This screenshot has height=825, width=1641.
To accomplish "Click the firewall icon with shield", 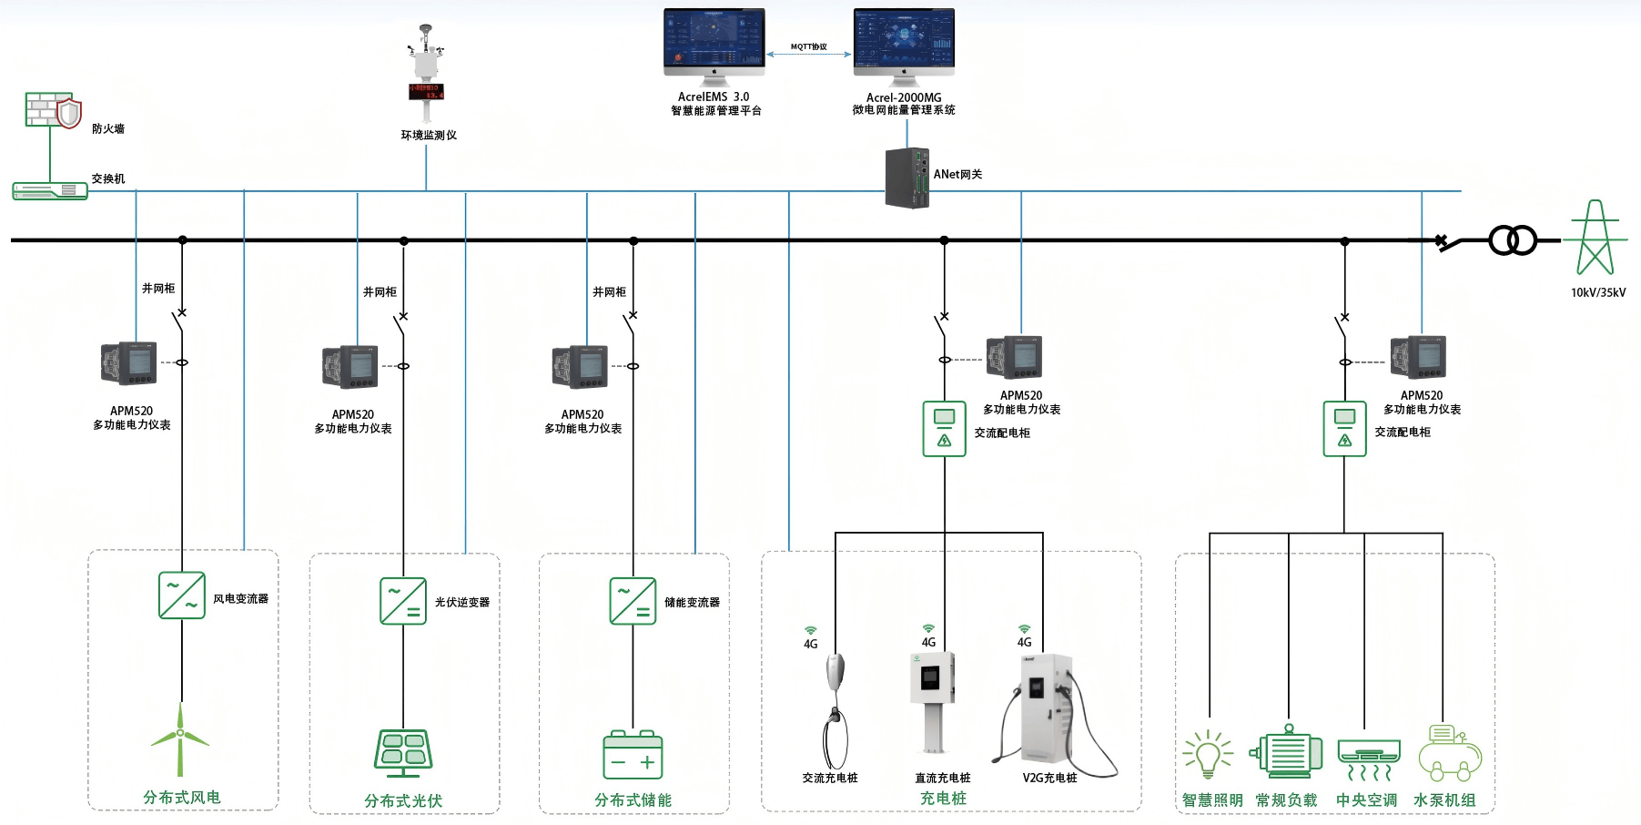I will click(53, 110).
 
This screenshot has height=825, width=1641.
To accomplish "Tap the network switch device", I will click(50, 190).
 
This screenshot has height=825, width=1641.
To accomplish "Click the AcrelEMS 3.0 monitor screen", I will click(714, 42).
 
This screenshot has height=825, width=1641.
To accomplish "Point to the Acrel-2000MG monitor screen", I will click(904, 42).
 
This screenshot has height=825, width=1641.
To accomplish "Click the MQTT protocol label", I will click(808, 46).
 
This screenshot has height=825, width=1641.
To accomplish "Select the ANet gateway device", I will click(907, 178).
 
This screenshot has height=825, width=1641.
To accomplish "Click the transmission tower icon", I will click(1595, 238).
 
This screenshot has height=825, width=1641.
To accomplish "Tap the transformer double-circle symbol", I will click(1513, 240).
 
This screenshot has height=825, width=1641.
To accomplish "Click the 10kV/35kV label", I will click(1597, 292).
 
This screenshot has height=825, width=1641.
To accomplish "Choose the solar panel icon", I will click(403, 752).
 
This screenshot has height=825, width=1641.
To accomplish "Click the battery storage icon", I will click(633, 755).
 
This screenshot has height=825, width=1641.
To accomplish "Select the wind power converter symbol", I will click(182, 596).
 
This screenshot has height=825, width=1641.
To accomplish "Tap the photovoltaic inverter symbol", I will click(403, 600).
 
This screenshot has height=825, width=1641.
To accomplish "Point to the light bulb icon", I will click(1208, 754).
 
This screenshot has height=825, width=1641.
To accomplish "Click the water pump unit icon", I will click(1450, 753).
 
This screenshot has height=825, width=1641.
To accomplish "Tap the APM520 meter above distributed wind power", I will click(129, 363).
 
